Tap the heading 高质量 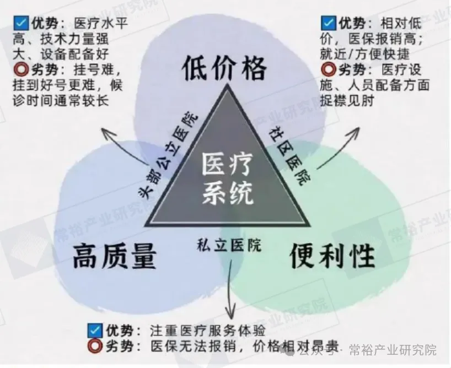click(115, 256)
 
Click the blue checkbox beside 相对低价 click(328, 23)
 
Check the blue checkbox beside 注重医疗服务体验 click(95, 331)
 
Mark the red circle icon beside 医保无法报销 click(95, 346)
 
